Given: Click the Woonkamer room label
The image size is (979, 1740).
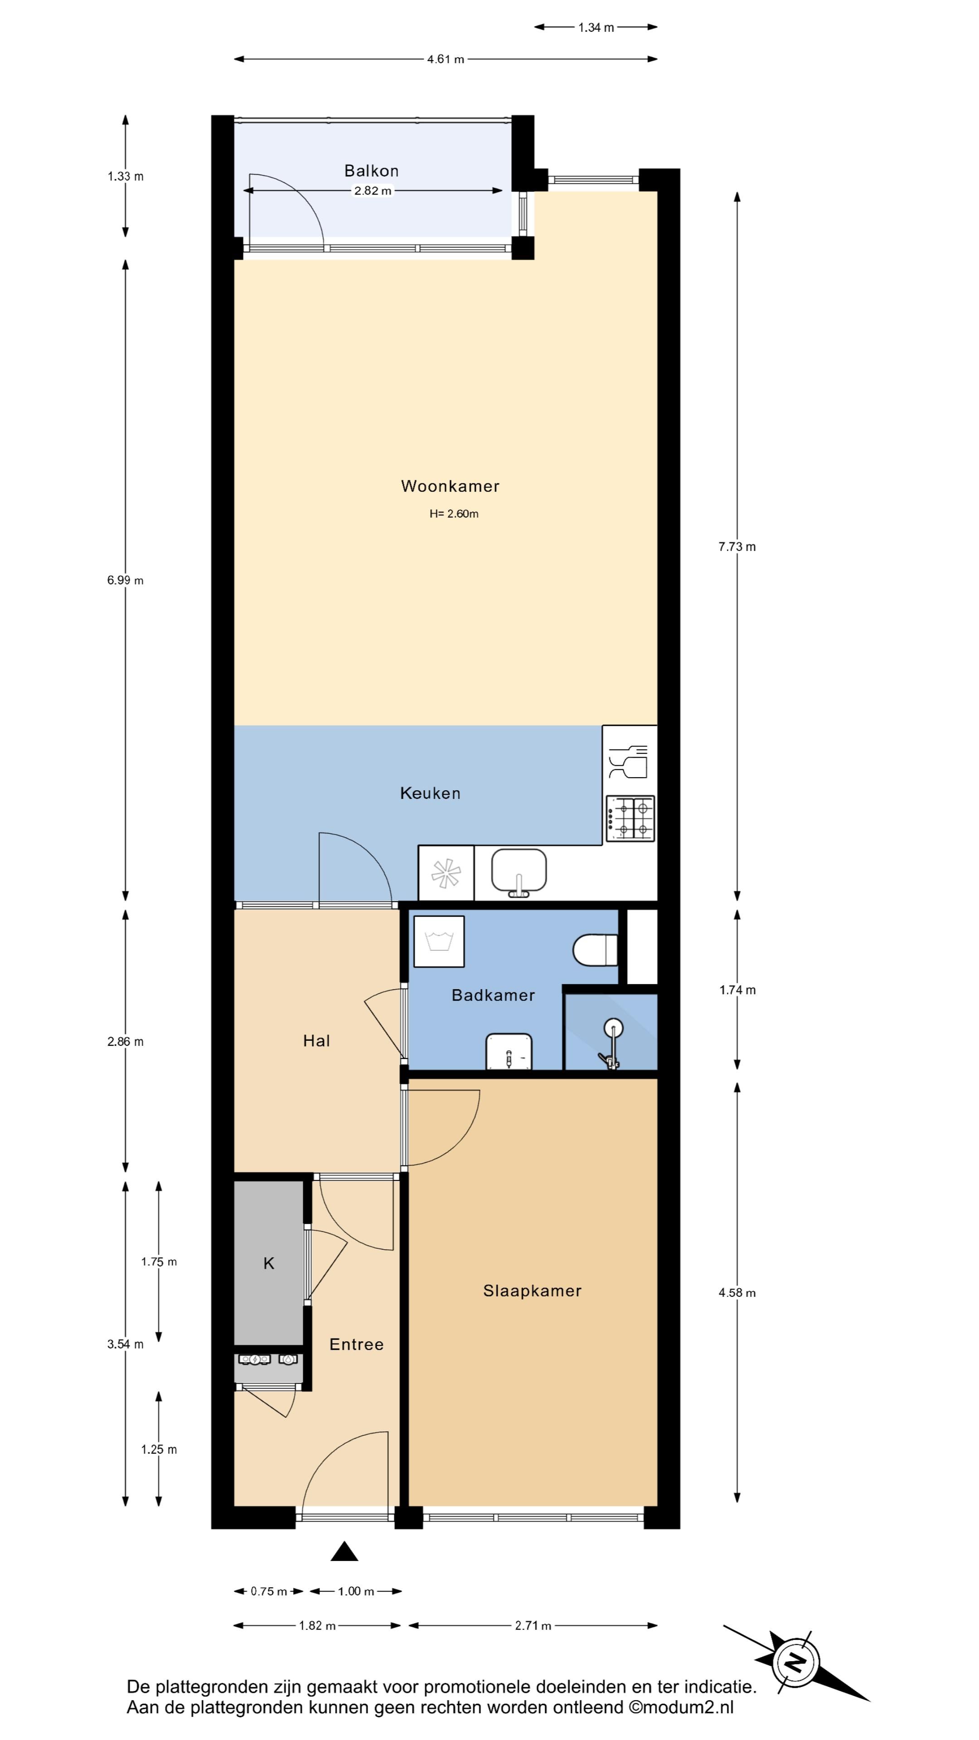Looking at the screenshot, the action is (x=450, y=486).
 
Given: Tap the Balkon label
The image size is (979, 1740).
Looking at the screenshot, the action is (x=372, y=171).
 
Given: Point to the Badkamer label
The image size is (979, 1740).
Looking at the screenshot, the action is (x=493, y=995).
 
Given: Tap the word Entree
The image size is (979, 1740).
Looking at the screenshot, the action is (x=356, y=1344).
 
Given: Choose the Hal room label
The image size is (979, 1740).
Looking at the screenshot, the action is (x=316, y=1041).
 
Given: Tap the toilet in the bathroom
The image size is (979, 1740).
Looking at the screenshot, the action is (x=595, y=950).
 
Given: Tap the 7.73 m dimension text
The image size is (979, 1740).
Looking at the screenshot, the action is (x=737, y=547).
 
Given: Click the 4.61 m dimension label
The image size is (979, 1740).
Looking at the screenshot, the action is (x=446, y=59).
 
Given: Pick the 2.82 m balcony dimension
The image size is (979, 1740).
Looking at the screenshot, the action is (x=373, y=191).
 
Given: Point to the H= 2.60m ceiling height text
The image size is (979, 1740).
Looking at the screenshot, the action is (x=454, y=514).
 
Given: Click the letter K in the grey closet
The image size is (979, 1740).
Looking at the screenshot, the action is (x=269, y=1263).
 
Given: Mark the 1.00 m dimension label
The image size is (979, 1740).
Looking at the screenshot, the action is (x=356, y=1591).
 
